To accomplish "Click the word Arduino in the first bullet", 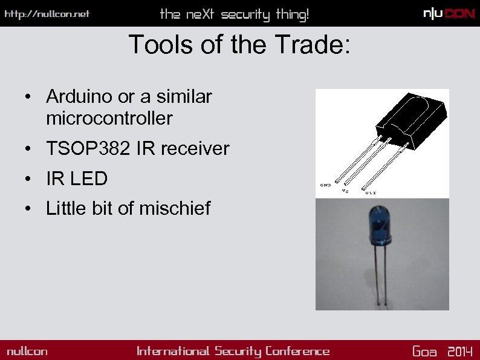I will pos(73,96).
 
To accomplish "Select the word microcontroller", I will pos(109,119).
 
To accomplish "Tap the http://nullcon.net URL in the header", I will pos(47,14).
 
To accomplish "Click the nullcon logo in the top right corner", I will pos(449,14).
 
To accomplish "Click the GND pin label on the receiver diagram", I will pos(325,185).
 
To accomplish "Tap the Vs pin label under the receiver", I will pos(345,191).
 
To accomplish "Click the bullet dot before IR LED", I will pos(28,179).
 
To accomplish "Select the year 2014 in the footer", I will pos(460,352).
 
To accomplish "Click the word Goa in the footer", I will pos(424,352).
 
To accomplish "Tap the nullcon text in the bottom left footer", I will pos(27,352).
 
